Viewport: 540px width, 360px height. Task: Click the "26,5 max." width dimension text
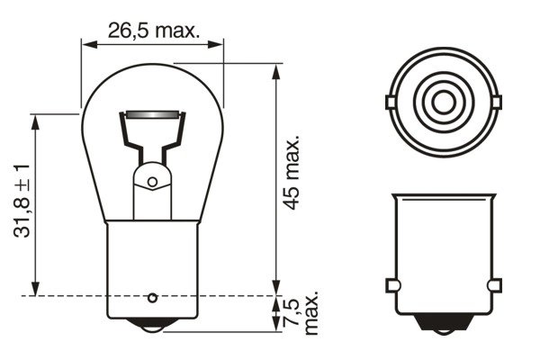click(x=152, y=30)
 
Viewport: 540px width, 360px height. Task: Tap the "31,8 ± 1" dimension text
click(x=22, y=200)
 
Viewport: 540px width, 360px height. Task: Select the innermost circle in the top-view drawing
click(x=442, y=99)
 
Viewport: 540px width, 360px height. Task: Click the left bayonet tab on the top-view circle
click(x=390, y=100)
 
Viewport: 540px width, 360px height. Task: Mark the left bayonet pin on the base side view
click(x=391, y=285)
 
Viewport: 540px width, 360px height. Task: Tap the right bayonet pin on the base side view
click(x=492, y=285)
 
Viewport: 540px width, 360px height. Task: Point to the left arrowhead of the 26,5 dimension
click(x=86, y=42)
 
